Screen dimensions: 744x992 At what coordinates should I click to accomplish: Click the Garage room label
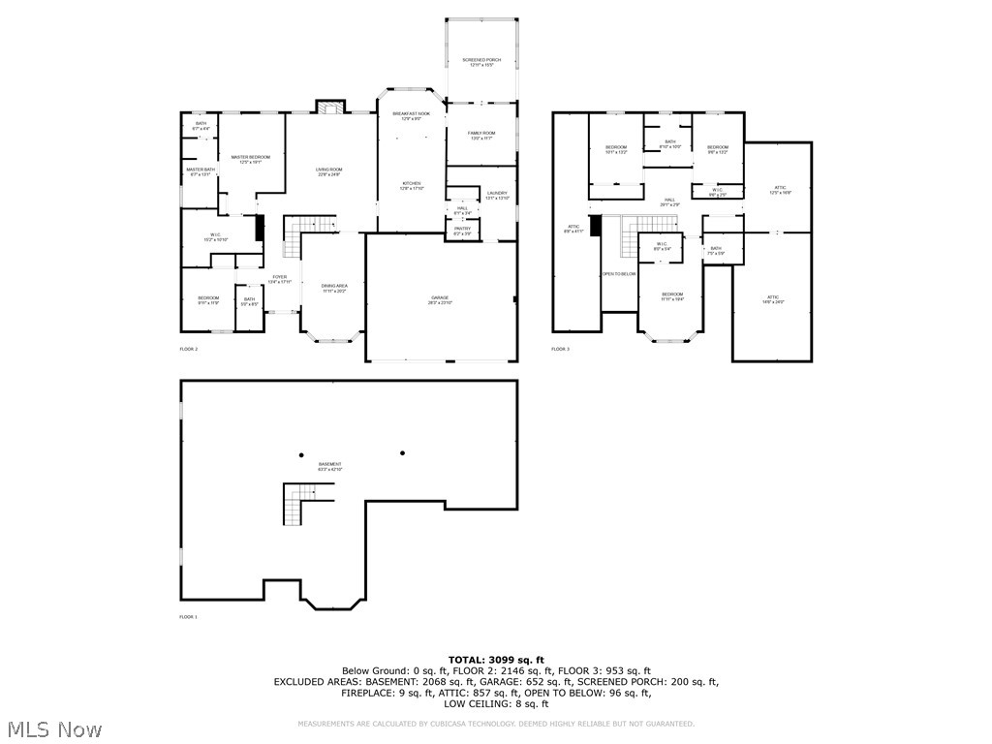coord(440,299)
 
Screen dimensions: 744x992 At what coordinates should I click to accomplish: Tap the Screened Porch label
coord(481,62)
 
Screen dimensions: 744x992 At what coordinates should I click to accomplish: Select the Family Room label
coord(481,135)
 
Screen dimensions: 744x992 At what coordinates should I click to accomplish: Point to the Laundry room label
coord(497,195)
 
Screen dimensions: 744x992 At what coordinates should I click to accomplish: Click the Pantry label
coord(462,231)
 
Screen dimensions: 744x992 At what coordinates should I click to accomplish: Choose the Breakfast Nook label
coord(411,115)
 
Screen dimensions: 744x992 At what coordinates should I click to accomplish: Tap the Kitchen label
coord(412,185)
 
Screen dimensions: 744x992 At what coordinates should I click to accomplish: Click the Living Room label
coord(329,171)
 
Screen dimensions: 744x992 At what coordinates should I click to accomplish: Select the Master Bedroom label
coord(250,159)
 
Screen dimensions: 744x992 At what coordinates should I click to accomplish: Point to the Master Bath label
coord(201,171)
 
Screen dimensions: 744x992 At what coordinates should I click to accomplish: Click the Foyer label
coord(279,279)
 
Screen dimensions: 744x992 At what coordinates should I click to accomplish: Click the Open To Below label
coord(619,274)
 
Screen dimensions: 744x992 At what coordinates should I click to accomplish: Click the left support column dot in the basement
coord(301,455)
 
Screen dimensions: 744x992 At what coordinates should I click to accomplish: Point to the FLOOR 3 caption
coord(560,349)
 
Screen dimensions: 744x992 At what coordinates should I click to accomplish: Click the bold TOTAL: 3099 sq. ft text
coord(495,660)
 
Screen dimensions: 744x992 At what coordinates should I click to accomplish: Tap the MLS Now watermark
coord(53,728)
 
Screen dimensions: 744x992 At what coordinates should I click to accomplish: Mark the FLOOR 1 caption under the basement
coord(188,617)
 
